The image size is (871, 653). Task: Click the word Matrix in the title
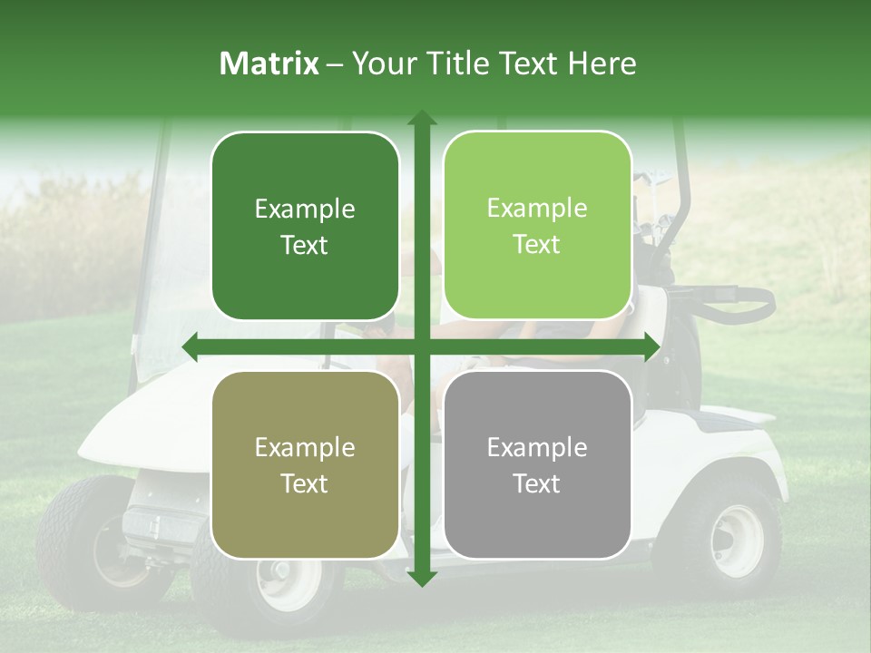click(x=269, y=63)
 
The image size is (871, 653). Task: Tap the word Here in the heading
click(x=602, y=63)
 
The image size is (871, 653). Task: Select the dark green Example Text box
click(x=305, y=226)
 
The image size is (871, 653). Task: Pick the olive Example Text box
click(x=305, y=464)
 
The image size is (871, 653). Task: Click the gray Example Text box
click(x=537, y=464)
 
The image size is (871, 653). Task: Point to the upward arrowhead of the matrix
click(x=422, y=119)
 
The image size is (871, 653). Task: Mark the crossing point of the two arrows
click(x=422, y=346)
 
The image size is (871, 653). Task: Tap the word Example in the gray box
click(x=537, y=447)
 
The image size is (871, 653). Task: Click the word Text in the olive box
click(x=305, y=483)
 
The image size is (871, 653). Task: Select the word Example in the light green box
click(x=537, y=209)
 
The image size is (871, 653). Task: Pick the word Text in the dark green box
click(x=305, y=245)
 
